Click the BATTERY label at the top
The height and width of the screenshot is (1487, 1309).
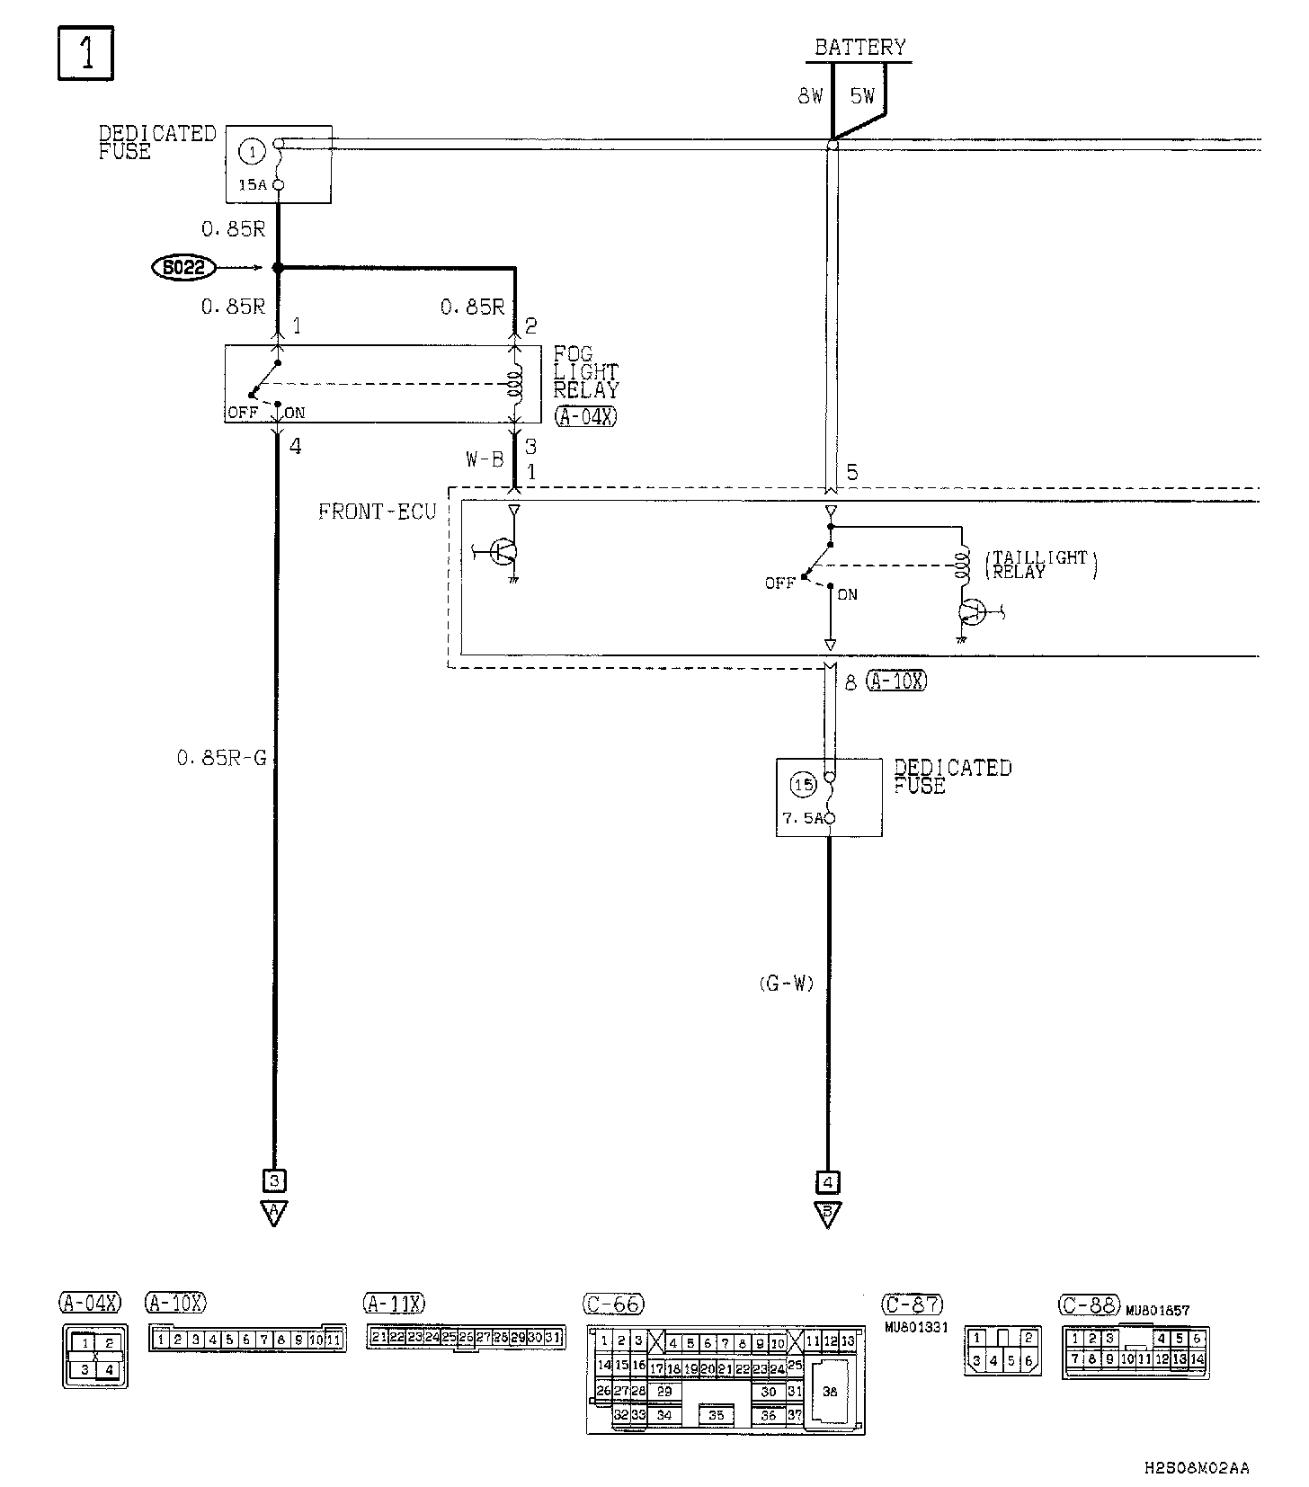(x=859, y=47)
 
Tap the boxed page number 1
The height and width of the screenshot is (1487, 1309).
(x=86, y=53)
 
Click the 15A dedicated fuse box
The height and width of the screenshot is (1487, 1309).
(x=278, y=164)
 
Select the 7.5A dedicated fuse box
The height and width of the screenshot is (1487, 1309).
(x=829, y=797)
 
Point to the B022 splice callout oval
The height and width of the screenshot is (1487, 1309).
(x=183, y=267)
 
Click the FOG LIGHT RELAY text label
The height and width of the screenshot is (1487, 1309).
(x=585, y=372)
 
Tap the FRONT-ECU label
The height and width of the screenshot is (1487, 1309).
(x=377, y=512)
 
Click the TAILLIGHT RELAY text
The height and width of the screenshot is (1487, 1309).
(x=1041, y=564)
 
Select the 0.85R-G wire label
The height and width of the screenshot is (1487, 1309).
(x=222, y=758)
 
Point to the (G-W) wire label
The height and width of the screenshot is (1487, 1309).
(x=786, y=984)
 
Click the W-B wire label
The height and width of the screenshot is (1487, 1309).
(x=484, y=459)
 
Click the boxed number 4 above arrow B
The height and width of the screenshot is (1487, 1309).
(x=828, y=1181)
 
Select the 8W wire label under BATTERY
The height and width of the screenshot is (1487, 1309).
(x=810, y=95)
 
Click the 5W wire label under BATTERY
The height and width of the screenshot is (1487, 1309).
(x=862, y=95)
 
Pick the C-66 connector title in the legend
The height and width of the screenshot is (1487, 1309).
(x=614, y=1304)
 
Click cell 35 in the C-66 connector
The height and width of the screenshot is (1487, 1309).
(x=716, y=1415)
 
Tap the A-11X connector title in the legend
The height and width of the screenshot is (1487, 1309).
(x=394, y=1303)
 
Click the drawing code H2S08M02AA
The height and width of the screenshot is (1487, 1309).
(x=1196, y=1468)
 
